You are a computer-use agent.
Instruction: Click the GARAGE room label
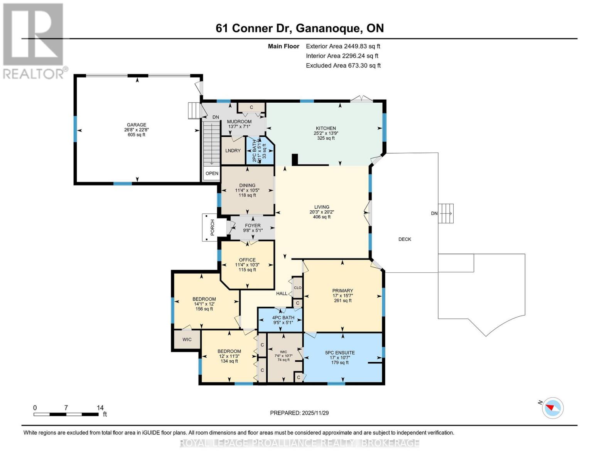click(137, 125)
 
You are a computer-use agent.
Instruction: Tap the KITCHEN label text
click(326, 128)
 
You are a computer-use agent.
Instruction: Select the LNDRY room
click(233, 150)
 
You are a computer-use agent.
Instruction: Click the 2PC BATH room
click(260, 150)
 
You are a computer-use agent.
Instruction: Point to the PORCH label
click(212, 228)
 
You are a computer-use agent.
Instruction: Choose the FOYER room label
click(253, 226)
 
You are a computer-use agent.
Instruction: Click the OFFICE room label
click(247, 260)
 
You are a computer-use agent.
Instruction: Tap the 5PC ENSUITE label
click(340, 353)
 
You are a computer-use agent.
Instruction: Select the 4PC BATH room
click(283, 318)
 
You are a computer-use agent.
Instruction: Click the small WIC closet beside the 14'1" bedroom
click(187, 340)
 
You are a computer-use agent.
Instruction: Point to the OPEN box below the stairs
click(212, 174)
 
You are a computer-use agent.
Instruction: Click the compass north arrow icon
click(553, 407)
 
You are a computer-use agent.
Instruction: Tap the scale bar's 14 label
click(100, 408)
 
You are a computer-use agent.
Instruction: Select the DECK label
click(405, 239)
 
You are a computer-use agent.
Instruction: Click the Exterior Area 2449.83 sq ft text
click(343, 46)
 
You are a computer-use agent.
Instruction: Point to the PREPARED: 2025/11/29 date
click(299, 413)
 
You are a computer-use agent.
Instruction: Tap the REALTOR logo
click(34, 41)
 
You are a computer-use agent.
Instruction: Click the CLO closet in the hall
click(297, 288)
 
